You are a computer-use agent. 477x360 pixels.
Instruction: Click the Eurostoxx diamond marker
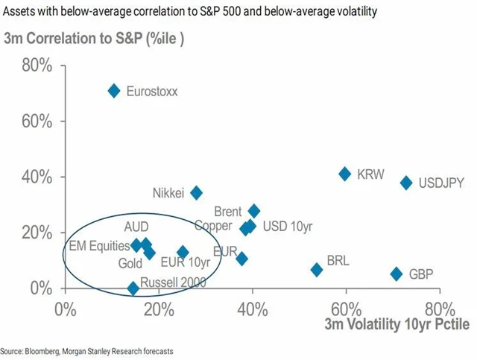[114, 91]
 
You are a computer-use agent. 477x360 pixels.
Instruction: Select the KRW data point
[344, 174]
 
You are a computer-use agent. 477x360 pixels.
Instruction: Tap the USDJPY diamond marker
[406, 183]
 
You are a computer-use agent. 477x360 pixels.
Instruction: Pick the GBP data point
[397, 274]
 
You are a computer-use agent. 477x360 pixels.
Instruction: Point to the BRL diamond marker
[317, 270]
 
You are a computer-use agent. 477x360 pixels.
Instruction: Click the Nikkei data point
[197, 193]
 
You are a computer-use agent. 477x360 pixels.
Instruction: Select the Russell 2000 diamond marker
[133, 288]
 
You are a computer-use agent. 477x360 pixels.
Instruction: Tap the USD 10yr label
[288, 226]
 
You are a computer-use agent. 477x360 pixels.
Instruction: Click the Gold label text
[130, 263]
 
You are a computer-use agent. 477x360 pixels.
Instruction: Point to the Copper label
[214, 225]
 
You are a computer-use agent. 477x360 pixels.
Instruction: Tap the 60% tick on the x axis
[346, 308]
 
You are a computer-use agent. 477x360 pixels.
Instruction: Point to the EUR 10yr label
[185, 262]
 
